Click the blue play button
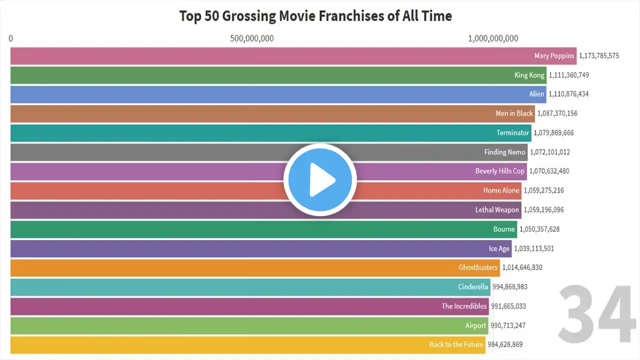(320, 180)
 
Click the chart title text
(315, 16)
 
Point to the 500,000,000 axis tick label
(252, 38)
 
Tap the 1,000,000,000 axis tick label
(493, 38)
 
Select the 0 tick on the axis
(11, 38)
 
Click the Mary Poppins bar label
(554, 56)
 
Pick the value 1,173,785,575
(598, 56)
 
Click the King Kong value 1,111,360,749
(568, 75)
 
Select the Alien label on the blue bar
(536, 94)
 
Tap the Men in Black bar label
(514, 113)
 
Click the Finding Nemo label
(504, 152)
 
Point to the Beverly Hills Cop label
(500, 171)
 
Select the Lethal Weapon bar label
(497, 210)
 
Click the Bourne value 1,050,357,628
(539, 229)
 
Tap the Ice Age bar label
(499, 248)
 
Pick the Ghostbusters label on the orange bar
(478, 267)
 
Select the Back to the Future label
(456, 344)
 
